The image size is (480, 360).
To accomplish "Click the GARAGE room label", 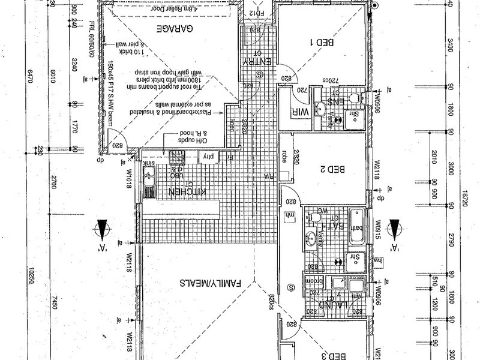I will pyautogui.click(x=175, y=29).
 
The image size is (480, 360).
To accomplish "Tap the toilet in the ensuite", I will pyautogui.click(x=355, y=97).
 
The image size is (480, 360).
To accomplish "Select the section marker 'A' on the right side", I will pyautogui.click(x=395, y=230).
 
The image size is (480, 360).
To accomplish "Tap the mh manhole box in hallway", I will pyautogui.click(x=291, y=215).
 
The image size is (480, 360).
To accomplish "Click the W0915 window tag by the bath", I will pyautogui.click(x=378, y=231).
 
